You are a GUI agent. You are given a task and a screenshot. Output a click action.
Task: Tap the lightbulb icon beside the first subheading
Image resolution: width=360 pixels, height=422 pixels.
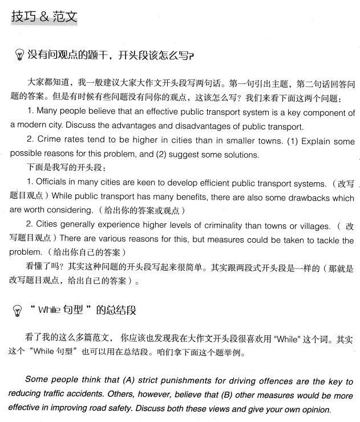[x=19, y=55]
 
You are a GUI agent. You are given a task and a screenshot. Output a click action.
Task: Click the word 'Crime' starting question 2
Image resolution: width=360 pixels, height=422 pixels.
[x=50, y=140]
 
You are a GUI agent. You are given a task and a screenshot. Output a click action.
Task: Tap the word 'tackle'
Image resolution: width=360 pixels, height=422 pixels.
[x=326, y=240]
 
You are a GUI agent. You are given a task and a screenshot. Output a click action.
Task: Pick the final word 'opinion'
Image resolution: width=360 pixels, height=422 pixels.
[x=314, y=409]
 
